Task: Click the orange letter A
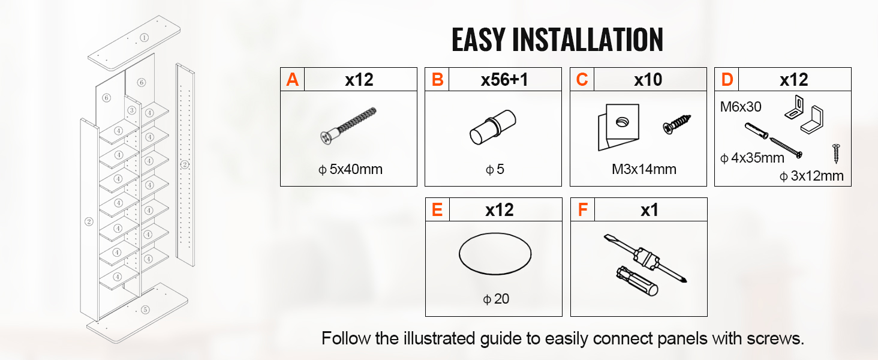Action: pos(293,80)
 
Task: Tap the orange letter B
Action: pos(437,80)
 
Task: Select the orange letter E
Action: pos(437,210)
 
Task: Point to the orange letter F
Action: pos(582,210)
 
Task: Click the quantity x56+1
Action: pos(504,80)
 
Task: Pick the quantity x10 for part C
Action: pos(648,80)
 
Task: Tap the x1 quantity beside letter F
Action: pos(650,210)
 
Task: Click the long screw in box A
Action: pos(348,125)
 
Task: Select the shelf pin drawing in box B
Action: pos(493,127)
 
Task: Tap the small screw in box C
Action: pos(677,124)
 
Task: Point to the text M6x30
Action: pos(741,107)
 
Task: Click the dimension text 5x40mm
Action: pos(356,169)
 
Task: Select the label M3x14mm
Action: pos(644,169)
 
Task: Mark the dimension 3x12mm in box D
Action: pos(817,176)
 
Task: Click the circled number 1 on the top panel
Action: pos(145,38)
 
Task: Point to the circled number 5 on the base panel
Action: pos(145,310)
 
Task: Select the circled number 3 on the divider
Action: pos(132,110)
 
